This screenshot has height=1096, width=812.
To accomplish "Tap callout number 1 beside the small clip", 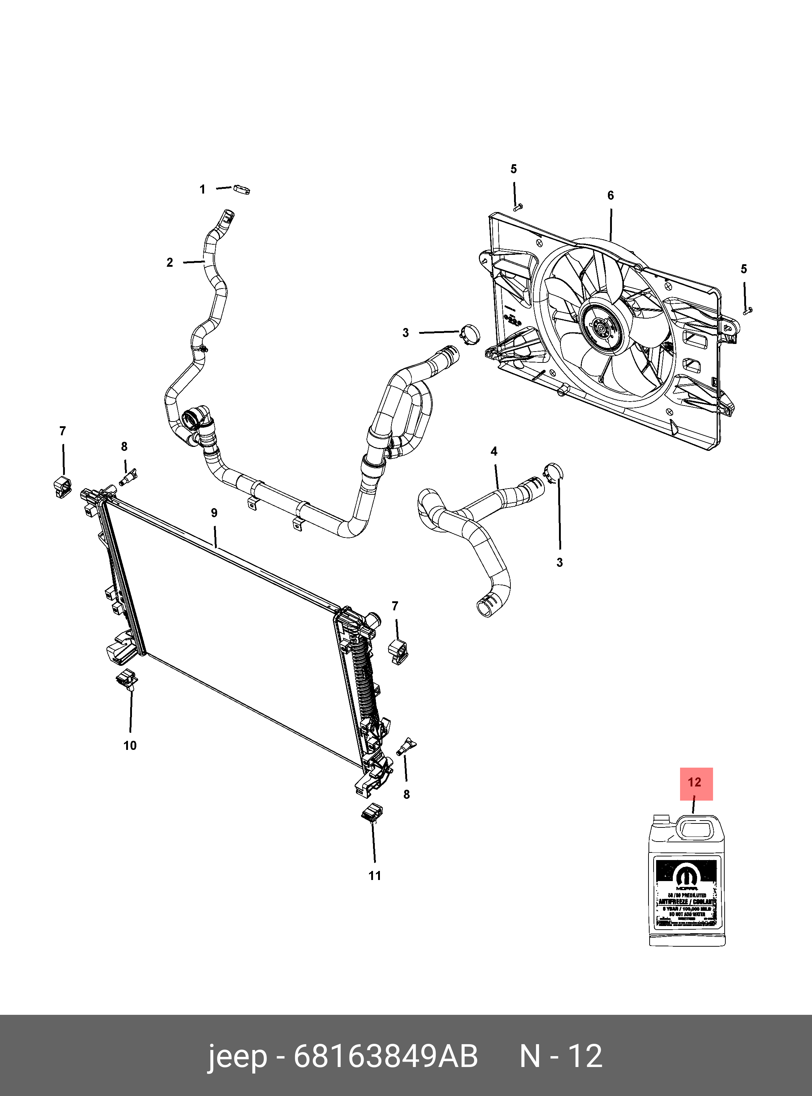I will coord(202,190).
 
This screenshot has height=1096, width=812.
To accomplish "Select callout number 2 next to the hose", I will coord(170,262).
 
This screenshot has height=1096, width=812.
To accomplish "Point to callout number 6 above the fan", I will coord(610,196).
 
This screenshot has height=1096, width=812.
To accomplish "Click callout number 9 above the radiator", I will coord(214,513).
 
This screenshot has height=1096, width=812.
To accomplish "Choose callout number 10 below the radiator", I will coord(130,746).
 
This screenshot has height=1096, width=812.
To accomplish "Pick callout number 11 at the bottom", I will coord(374,875).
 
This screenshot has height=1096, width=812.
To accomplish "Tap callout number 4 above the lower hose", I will coord(494,451).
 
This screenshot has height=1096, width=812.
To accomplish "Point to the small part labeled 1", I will coord(242,189).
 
